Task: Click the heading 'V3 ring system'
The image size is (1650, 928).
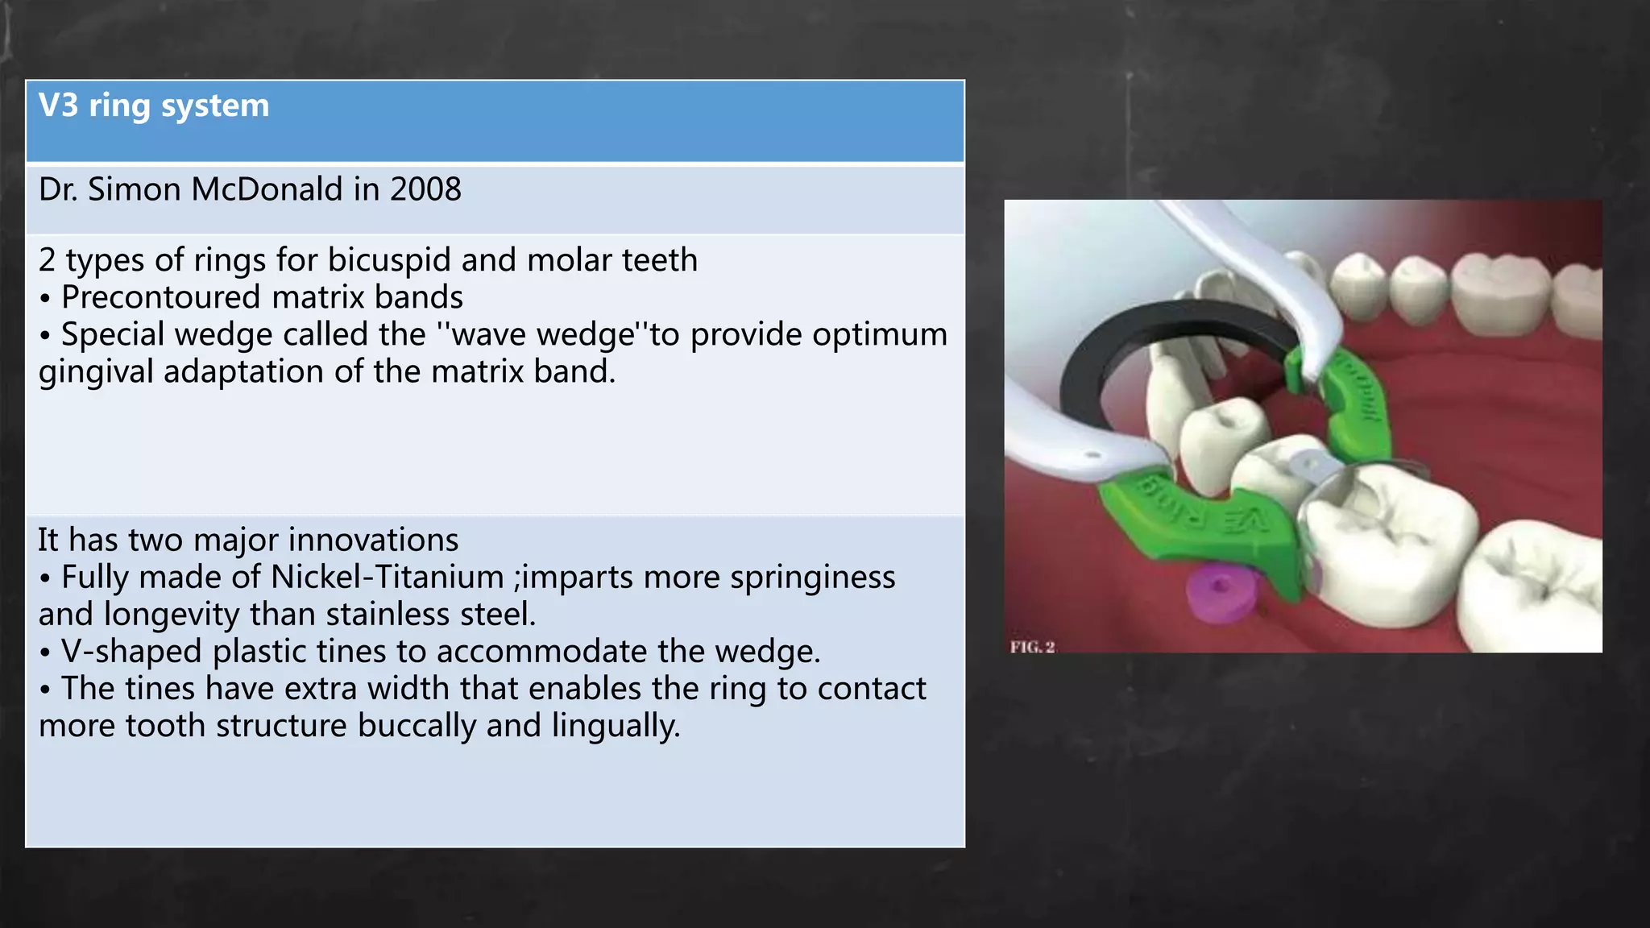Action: coord(154,106)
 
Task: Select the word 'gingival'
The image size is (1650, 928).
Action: coord(96,372)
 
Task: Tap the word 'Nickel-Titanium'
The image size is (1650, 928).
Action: coord(388,578)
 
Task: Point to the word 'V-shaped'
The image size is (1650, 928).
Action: coord(131,652)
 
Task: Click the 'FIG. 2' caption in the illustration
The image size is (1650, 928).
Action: coord(1032,647)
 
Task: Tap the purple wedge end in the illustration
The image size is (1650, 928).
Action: coord(1217,593)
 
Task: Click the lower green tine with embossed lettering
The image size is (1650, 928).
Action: coord(1192,516)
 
